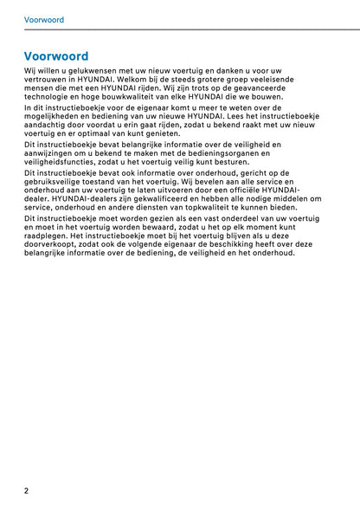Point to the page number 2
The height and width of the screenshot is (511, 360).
point(27,490)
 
